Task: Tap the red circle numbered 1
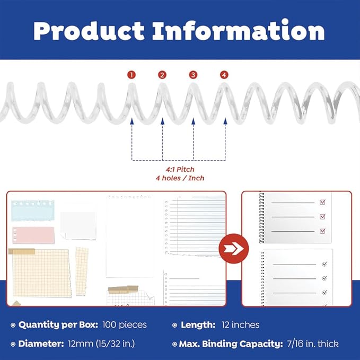pyautogui.click(x=131, y=75)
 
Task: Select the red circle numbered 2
pyautogui.click(x=162, y=75)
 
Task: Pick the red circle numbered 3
pyautogui.click(x=193, y=75)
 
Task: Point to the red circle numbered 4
pyautogui.click(x=224, y=75)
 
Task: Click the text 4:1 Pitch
pyautogui.click(x=178, y=169)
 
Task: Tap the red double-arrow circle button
pyautogui.click(x=234, y=249)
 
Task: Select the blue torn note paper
pyautogui.click(x=33, y=210)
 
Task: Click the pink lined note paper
pyautogui.click(x=33, y=234)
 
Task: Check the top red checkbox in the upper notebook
pyautogui.click(x=322, y=202)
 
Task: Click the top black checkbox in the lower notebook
pyautogui.click(x=324, y=264)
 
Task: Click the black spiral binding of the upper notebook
pyautogui.click(x=261, y=217)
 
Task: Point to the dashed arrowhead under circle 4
pyautogui.click(x=225, y=122)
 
